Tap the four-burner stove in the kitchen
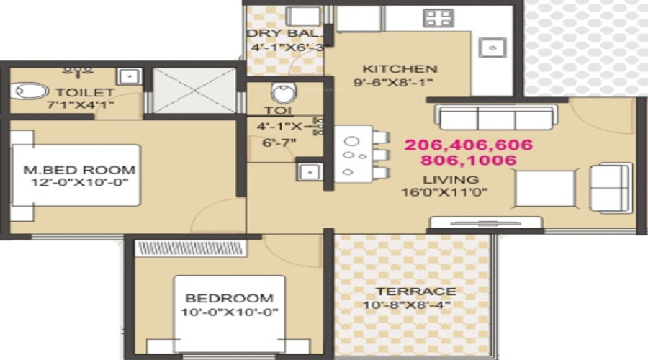(x=438, y=18)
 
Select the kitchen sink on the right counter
(x=492, y=47)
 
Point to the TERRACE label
(x=415, y=292)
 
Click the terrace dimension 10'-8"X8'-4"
(x=407, y=305)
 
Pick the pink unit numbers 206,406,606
(x=469, y=145)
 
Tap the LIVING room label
(x=451, y=180)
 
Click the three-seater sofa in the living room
(x=496, y=117)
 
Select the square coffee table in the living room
(x=545, y=189)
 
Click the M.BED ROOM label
(x=79, y=169)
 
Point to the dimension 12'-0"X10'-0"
(x=80, y=182)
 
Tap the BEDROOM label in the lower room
(x=230, y=298)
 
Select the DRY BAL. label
(x=284, y=33)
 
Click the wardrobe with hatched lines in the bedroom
(x=191, y=248)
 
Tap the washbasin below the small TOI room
(x=310, y=171)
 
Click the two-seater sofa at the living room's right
(x=611, y=188)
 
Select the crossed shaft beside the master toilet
(x=194, y=91)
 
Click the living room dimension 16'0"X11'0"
(x=445, y=192)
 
